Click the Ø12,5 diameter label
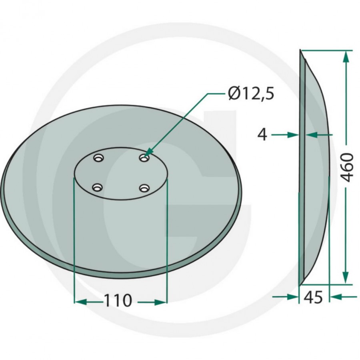251,94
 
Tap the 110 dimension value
118,300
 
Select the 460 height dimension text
346,168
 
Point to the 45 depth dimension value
313,297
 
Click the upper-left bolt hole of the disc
98,158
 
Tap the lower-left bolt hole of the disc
97,188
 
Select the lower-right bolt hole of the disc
144,188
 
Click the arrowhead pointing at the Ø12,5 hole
149,152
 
